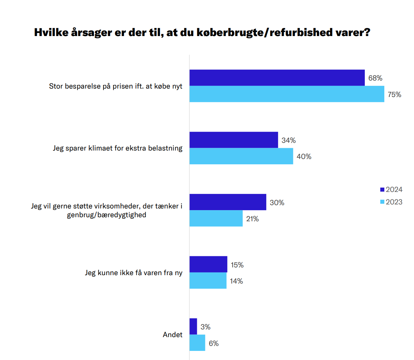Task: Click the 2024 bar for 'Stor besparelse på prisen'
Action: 277,78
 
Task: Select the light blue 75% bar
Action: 287,94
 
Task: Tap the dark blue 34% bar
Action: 234,140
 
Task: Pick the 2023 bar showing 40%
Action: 241,156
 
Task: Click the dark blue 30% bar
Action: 228,202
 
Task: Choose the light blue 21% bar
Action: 216,218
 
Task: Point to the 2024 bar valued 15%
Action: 208,264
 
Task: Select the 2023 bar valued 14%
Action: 208,281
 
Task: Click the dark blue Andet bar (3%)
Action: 193,326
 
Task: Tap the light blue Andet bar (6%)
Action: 197,343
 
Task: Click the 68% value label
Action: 375,78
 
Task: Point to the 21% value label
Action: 253,219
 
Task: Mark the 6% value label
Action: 214,343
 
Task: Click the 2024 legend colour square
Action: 382,190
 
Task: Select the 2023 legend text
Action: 394,202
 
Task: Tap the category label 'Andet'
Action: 173,335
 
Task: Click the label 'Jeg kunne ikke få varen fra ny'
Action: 134,273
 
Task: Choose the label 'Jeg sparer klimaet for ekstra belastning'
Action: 118,148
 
